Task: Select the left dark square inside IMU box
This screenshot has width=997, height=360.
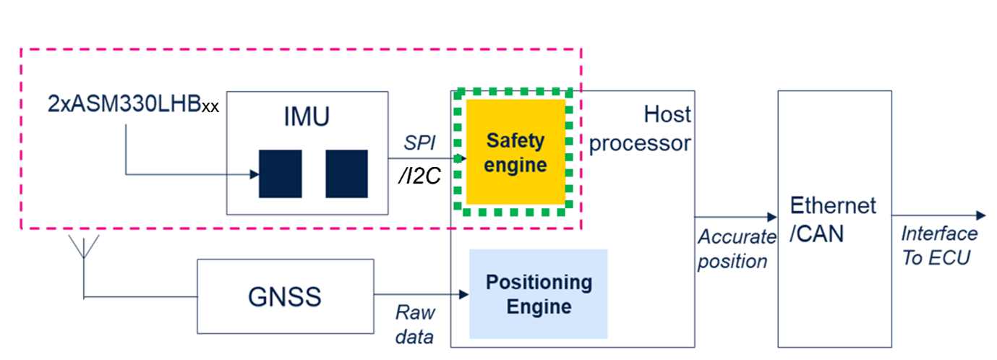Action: pos(281,173)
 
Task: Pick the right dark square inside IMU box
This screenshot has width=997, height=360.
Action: pos(346,173)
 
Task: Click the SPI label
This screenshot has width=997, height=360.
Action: pos(420,144)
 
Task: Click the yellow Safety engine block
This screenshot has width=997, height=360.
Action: pos(515,152)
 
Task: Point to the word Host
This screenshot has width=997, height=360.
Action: pos(667,115)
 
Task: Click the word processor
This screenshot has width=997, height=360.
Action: pos(639,143)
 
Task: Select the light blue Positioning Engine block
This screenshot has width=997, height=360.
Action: pos(538,293)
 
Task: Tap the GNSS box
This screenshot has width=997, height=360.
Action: pos(286,296)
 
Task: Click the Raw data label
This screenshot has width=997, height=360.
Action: pos(415,325)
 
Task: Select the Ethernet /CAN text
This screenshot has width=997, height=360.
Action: pos(833,219)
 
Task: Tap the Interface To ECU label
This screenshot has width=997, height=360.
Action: pos(938,246)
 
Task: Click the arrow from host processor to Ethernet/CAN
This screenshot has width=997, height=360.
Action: pos(734,217)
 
